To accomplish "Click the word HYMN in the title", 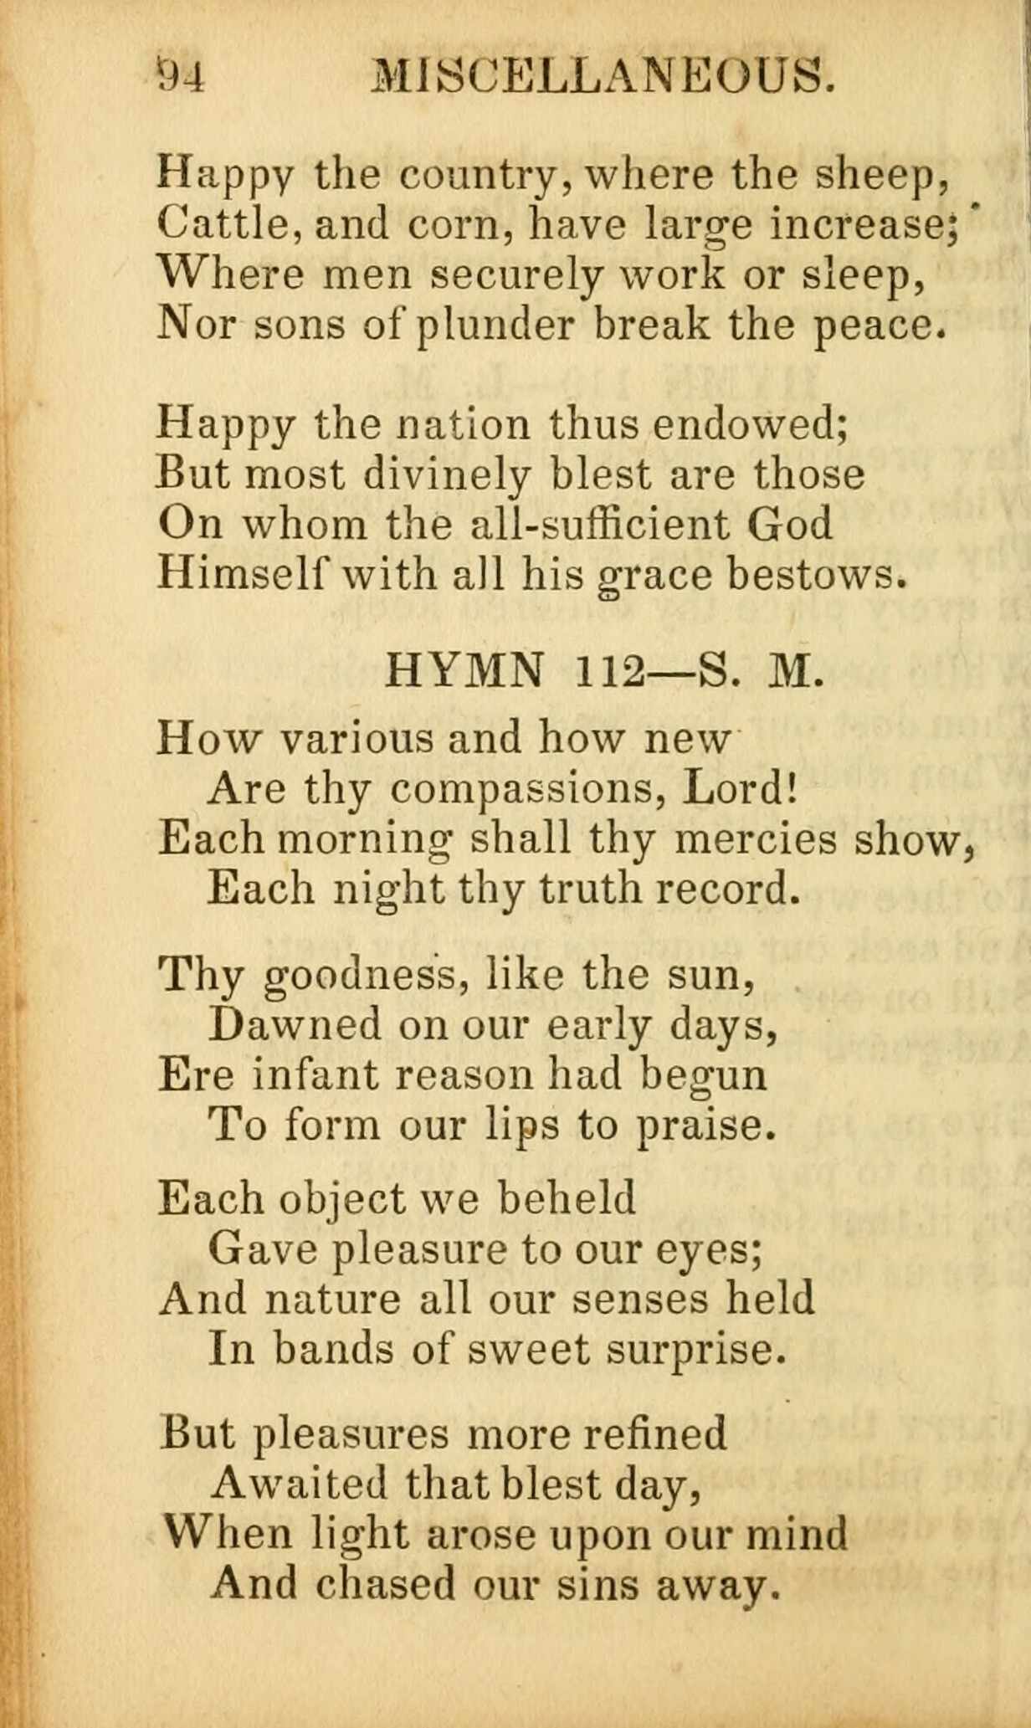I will (464, 670).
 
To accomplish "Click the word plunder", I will (495, 326).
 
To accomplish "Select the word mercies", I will (755, 839).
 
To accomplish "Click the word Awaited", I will (300, 1484).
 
